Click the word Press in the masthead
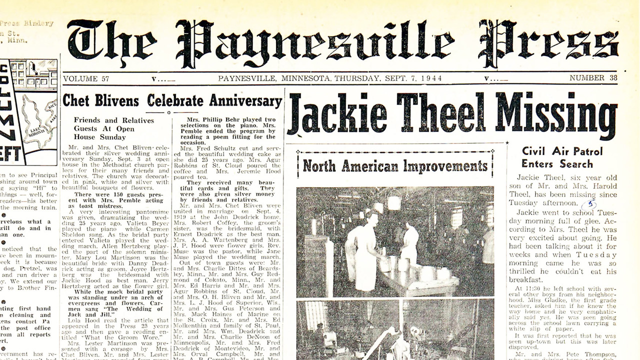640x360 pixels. pyautogui.click(x=548, y=44)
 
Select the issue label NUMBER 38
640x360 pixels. pyautogui.click(x=593, y=78)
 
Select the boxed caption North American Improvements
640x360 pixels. pyautogui.click(x=394, y=165)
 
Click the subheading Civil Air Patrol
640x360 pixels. pyautogui.click(x=562, y=151)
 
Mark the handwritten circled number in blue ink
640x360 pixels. pyautogui.click(x=589, y=204)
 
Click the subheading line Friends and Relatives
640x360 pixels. pyautogui.click(x=113, y=120)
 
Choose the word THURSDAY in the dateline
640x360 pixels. pyautogui.click(x=358, y=78)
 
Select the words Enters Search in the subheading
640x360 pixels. pyautogui.click(x=557, y=164)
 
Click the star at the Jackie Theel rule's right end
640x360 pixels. pyautogui.click(x=506, y=143)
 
